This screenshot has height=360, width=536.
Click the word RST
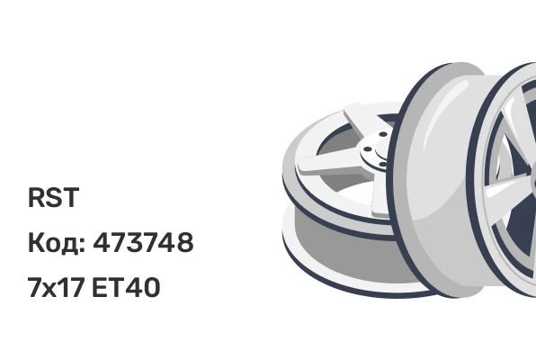[53, 197]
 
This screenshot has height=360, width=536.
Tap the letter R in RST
[36, 197]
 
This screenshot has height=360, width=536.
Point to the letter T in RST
[71, 197]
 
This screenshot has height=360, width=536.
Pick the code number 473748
[143, 242]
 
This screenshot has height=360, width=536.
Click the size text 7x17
[56, 287]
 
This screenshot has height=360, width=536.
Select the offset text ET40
[126, 287]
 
